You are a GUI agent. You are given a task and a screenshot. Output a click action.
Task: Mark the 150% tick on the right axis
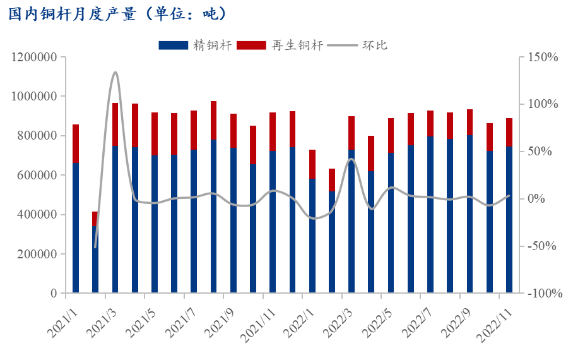point(543,57)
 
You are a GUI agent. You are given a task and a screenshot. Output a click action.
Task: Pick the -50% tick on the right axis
point(543,246)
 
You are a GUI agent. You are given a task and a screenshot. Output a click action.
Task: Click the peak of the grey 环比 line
point(115,72)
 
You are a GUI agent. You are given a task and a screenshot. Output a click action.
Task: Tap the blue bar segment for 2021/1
point(76,227)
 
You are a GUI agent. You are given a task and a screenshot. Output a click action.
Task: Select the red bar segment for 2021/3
point(115,124)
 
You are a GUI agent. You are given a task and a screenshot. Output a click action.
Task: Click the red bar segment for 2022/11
point(509,132)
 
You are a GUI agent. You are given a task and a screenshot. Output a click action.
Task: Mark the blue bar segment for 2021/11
point(273,222)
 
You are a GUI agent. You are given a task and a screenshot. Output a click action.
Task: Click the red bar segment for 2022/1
point(312,164)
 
